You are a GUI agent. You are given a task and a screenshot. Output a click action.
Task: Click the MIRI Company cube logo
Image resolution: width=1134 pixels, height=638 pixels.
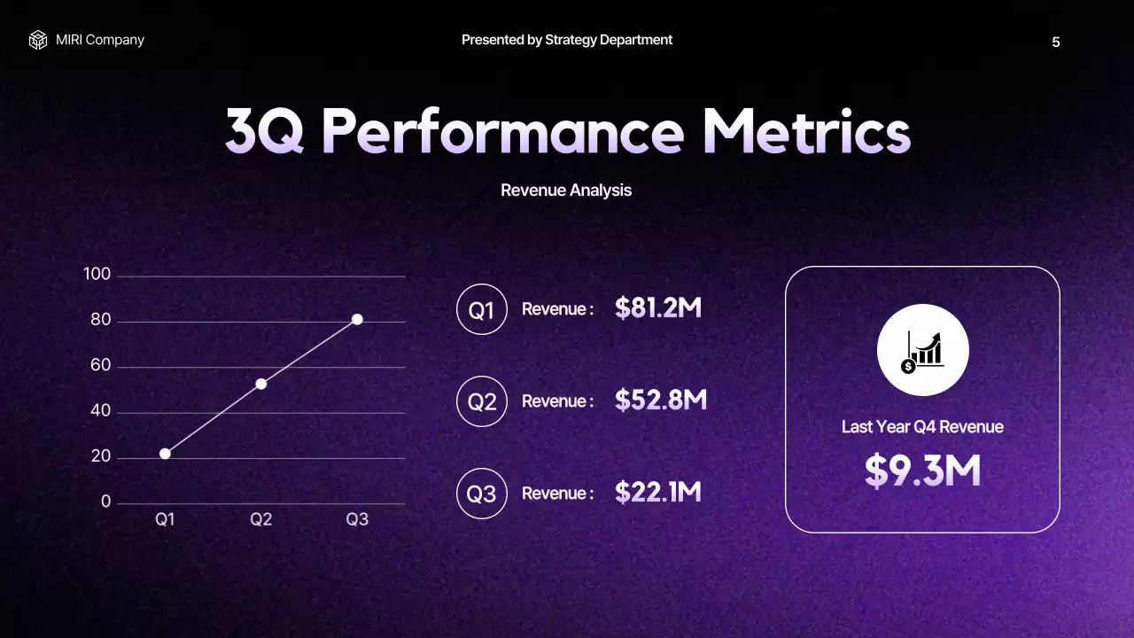[37, 40]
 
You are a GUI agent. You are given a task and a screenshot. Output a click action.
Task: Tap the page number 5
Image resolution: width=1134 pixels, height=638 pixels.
[1055, 43]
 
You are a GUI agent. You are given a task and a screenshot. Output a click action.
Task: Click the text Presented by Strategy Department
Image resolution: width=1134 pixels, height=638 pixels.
[566, 40]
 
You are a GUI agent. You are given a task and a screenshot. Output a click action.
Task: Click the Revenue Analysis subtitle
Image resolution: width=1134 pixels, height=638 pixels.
[566, 191]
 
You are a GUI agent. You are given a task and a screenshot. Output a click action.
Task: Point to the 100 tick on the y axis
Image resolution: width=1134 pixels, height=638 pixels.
[97, 275]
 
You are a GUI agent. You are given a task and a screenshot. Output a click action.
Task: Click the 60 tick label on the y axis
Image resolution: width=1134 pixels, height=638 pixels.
[101, 366]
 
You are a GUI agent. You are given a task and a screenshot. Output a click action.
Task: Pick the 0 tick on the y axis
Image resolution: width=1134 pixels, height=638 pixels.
[106, 502]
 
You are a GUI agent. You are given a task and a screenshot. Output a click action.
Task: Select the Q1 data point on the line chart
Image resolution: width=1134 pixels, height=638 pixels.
[165, 454]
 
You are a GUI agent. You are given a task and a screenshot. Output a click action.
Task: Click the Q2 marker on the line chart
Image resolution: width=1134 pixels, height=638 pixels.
[261, 384]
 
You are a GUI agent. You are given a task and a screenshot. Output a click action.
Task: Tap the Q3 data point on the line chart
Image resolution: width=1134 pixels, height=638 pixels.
[357, 319]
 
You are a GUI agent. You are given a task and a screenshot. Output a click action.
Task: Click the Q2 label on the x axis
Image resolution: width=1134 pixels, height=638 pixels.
[260, 520]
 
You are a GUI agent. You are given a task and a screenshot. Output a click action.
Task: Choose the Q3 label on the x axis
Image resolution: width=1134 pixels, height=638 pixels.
[357, 520]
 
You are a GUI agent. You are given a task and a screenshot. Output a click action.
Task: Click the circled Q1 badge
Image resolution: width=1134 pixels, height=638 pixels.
[481, 310]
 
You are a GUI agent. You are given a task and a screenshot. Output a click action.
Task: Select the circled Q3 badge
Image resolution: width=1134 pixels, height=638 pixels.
[481, 494]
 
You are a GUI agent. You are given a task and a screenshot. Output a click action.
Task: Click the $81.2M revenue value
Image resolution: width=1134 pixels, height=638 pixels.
[658, 308]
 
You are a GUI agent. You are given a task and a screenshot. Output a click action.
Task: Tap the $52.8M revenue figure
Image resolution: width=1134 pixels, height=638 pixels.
[661, 401]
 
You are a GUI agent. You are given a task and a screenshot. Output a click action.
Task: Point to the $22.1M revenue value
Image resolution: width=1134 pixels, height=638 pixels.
[658, 493]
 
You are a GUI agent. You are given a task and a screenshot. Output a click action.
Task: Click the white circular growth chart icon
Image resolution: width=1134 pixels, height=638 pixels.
[922, 350]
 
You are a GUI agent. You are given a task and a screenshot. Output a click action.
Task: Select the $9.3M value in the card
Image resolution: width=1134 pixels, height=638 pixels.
[922, 471]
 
